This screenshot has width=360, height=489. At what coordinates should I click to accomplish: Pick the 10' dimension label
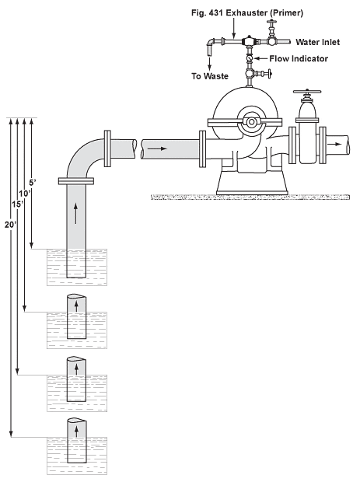[x=24, y=192]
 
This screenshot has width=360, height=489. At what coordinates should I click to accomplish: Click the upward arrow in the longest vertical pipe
[x=75, y=208]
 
